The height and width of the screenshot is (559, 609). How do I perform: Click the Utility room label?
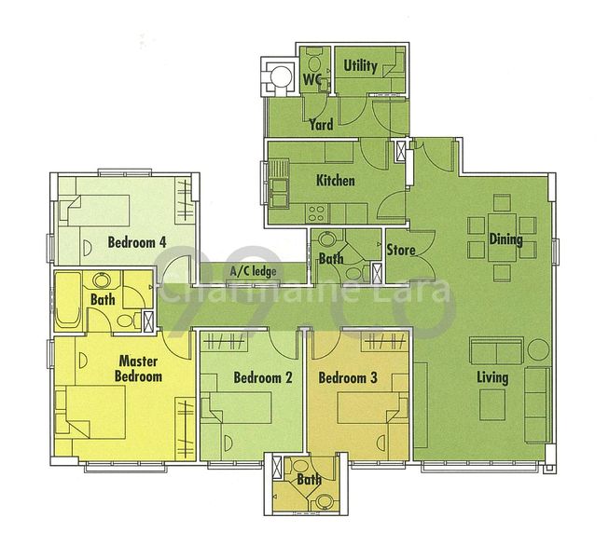[360, 66]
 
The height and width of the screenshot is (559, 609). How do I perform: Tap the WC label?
[311, 80]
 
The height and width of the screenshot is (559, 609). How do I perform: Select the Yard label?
[321, 124]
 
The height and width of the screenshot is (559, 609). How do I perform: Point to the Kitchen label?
[335, 180]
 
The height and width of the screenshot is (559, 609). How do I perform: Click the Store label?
[400, 249]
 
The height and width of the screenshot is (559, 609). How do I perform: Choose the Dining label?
[505, 239]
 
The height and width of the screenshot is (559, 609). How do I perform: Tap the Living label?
[491, 377]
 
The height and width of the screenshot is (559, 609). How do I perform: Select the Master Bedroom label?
[138, 369]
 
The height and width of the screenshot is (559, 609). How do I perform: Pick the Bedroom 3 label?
[347, 378]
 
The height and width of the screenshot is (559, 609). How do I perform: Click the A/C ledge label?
[250, 271]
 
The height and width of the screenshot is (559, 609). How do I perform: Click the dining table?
[502, 238]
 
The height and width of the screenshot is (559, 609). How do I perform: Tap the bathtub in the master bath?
[69, 300]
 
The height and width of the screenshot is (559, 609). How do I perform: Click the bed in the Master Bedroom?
[93, 412]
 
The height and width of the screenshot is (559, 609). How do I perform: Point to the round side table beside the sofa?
[539, 350]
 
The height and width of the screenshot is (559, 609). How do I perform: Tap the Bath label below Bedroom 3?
[307, 480]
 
